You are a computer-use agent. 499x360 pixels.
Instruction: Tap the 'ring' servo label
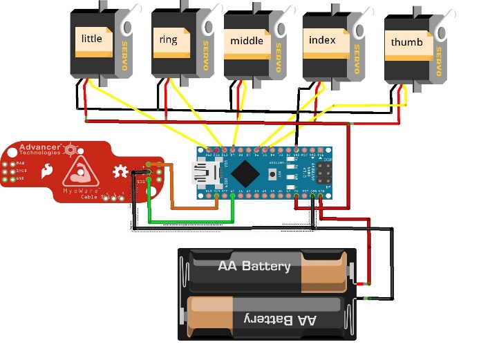click(169, 39)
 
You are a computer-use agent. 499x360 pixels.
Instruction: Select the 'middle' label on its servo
click(247, 41)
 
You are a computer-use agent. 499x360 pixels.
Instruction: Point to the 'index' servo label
click(322, 40)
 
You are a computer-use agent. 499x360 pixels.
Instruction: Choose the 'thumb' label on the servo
click(407, 42)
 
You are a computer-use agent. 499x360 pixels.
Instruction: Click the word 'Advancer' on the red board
click(39, 146)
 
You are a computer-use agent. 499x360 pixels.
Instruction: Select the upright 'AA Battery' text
click(254, 266)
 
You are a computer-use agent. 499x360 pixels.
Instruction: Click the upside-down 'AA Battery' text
click(279, 320)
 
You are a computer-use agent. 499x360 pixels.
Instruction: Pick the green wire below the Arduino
click(194, 222)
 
